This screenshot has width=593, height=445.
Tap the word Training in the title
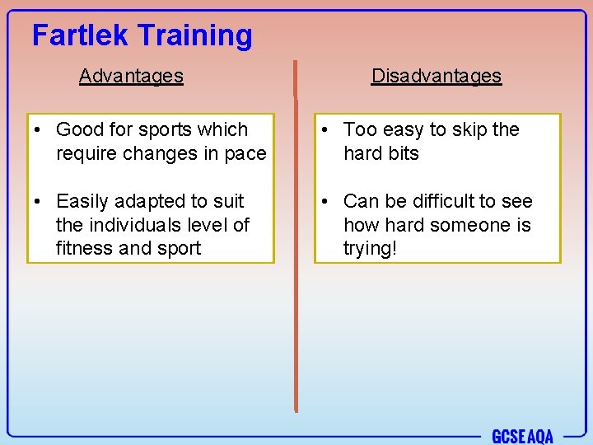pyautogui.click(x=195, y=36)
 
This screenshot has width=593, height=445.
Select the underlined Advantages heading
pyautogui.click(x=131, y=76)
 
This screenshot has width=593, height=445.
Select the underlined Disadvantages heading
pyautogui.click(x=436, y=76)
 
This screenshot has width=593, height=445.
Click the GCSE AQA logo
pyautogui.click(x=522, y=436)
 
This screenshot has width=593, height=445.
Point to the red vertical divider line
pyautogui.click(x=295, y=247)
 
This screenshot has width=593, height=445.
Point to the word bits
pyautogui.click(x=403, y=153)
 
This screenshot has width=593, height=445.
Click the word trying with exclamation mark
pyautogui.click(x=370, y=249)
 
